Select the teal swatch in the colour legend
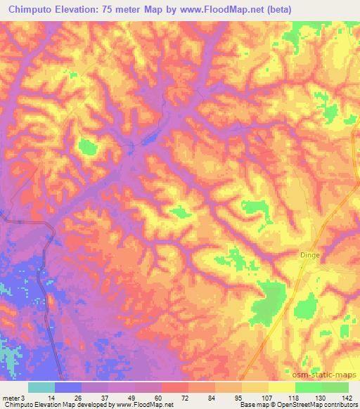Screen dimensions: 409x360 click(x=41, y=388)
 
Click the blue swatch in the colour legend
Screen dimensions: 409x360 click(x=68, y=388)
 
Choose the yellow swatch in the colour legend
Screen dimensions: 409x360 click(x=282, y=388)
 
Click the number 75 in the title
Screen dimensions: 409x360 click(x=111, y=9)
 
